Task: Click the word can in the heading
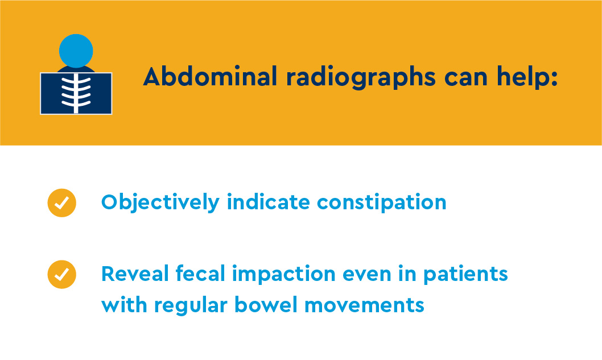click(x=467, y=76)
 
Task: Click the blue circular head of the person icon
click(x=76, y=51)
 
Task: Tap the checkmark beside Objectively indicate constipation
click(x=61, y=202)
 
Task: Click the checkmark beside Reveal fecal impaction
click(x=61, y=274)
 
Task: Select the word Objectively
click(x=160, y=202)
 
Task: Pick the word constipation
click(x=381, y=202)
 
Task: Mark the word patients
click(x=465, y=275)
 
